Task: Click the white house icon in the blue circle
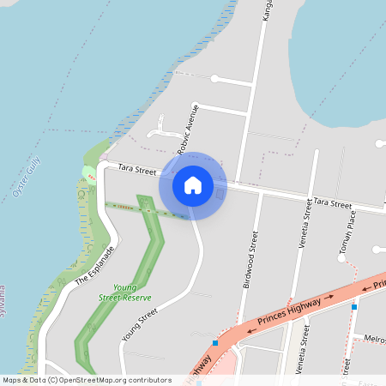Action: [193, 185]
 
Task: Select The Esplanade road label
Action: [93, 267]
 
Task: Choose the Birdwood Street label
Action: [250, 258]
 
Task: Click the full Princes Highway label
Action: [288, 312]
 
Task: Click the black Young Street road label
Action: [141, 326]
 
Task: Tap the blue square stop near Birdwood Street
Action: [214, 343]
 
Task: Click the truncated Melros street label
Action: [374, 340]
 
